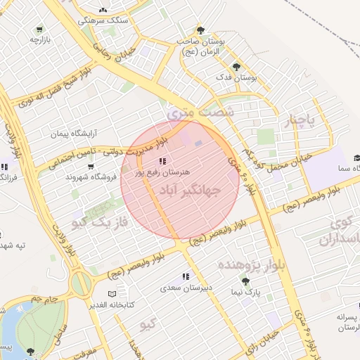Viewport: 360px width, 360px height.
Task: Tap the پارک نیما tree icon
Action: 245,281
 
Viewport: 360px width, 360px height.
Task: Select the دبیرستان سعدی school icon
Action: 186,277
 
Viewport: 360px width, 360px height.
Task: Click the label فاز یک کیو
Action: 103,223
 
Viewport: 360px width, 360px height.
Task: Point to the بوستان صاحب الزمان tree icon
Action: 200,30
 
